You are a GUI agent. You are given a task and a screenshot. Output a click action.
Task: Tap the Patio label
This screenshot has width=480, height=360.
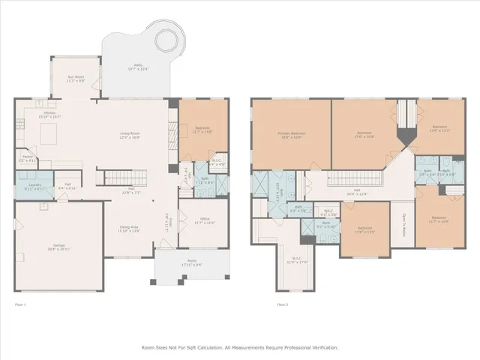pos(137,67)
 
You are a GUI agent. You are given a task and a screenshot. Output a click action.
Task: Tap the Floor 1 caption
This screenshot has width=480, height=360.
pos(20,304)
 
